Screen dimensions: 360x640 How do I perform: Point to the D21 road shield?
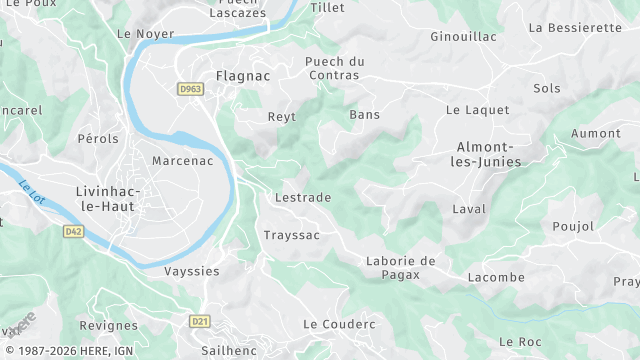pyautogui.click(x=200, y=321)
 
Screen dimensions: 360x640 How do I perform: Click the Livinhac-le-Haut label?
pyautogui.click(x=106, y=198)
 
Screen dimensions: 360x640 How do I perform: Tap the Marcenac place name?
pyautogui.click(x=182, y=160)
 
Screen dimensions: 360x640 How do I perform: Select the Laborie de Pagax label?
pyautogui.click(x=400, y=267)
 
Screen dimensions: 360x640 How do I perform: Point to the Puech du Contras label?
pyautogui.click(x=335, y=68)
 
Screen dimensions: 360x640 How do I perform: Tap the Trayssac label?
pyautogui.click(x=291, y=235)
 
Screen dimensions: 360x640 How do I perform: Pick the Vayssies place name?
pyautogui.click(x=191, y=271)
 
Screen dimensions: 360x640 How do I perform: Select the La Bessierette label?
pyautogui.click(x=575, y=27)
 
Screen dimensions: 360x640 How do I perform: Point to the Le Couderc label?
pyautogui.click(x=339, y=324)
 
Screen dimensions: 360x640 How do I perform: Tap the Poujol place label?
pyautogui.click(x=572, y=226)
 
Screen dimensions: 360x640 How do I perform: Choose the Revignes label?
pyautogui.click(x=108, y=326)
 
